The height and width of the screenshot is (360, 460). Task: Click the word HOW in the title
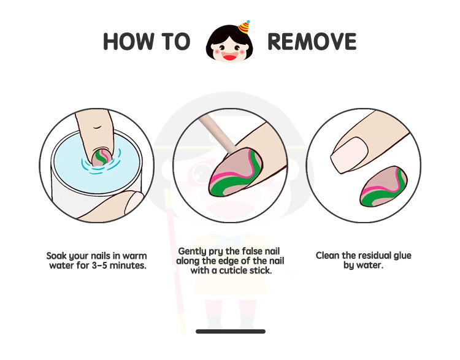tap(129, 41)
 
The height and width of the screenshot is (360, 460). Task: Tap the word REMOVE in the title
tap(312, 41)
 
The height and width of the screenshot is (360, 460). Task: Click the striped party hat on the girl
tap(244, 27)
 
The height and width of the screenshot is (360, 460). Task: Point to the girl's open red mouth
tap(230, 56)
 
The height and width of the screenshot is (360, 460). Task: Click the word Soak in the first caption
tap(56, 256)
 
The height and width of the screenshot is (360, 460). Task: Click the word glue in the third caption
tap(402, 256)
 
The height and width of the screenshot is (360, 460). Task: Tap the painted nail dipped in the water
tap(101, 157)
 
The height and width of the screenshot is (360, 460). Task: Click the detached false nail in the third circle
tap(383, 186)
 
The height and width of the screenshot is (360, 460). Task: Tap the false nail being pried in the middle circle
tap(235, 172)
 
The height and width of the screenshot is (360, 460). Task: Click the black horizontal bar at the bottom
tap(231, 332)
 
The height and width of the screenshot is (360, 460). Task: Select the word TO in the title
tap(176, 41)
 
